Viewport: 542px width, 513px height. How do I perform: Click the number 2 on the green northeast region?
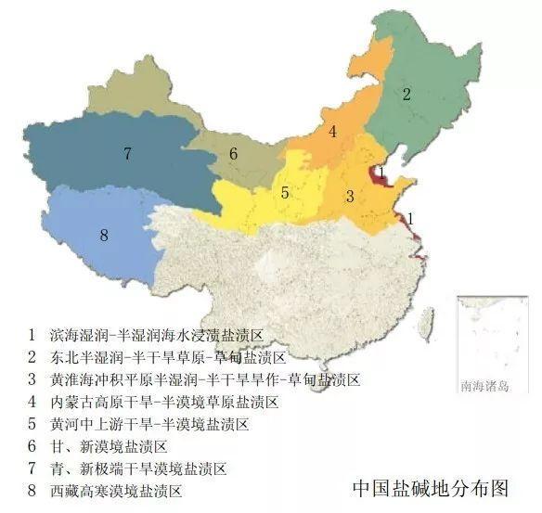pyautogui.click(x=406, y=94)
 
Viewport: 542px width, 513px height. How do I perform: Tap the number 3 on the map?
pyautogui.click(x=349, y=196)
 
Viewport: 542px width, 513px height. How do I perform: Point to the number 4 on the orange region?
pyautogui.click(x=331, y=132)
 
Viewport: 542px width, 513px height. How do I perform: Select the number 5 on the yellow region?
pyautogui.click(x=285, y=193)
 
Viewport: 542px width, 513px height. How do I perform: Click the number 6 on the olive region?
pyautogui.click(x=233, y=154)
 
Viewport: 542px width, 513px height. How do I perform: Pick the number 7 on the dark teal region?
pyautogui.click(x=127, y=153)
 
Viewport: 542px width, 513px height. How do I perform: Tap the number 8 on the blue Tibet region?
pyautogui.click(x=103, y=236)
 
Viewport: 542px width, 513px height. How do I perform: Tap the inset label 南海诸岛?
pyautogui.click(x=484, y=385)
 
